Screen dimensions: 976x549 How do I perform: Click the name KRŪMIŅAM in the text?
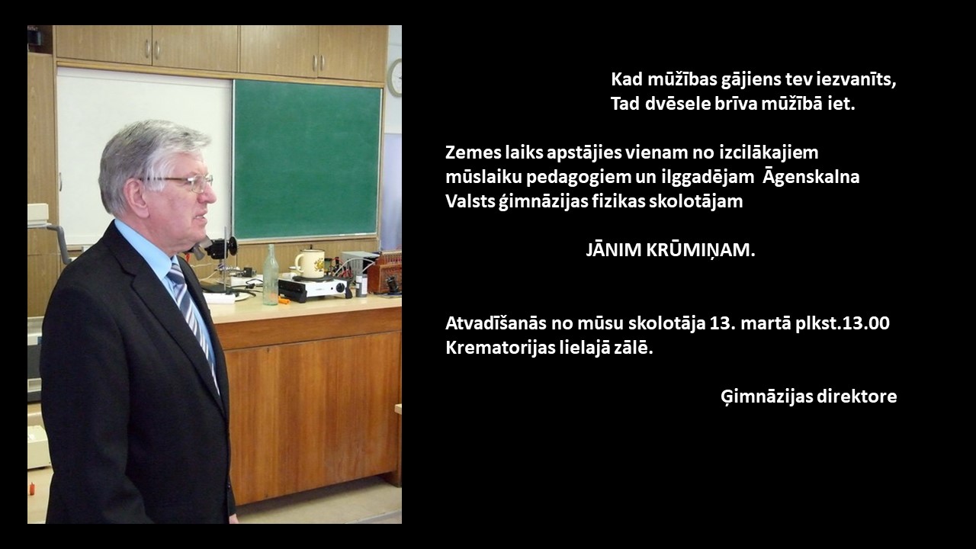pos(700,251)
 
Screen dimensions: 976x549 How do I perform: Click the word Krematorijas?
pos(499,348)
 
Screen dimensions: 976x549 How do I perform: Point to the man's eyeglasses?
pos(185,182)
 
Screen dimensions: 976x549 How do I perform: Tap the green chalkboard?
pos(307,159)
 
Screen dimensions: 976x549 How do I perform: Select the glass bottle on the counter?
pos(270,274)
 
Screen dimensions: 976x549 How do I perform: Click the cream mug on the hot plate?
pos(310,263)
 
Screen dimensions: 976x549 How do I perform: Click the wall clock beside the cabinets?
pos(396,78)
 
